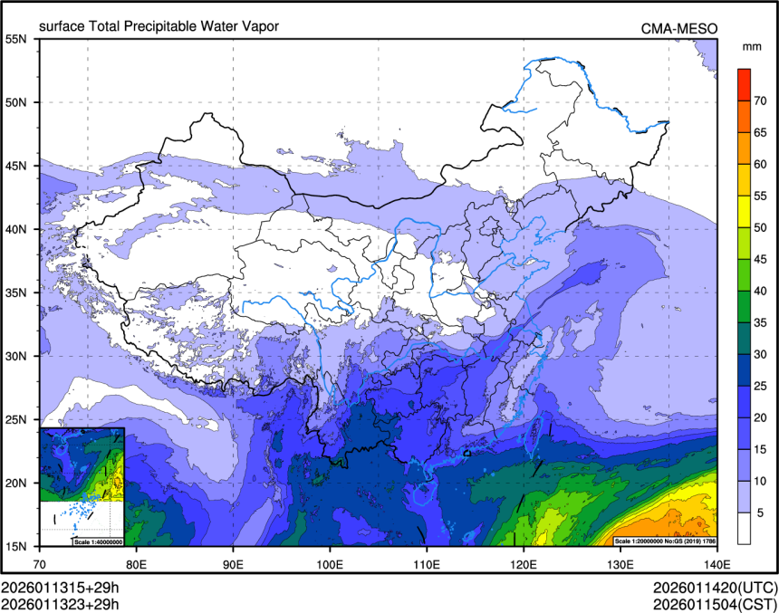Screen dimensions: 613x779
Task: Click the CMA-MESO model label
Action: [x=678, y=28]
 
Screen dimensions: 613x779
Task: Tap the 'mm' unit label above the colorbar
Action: [x=751, y=46]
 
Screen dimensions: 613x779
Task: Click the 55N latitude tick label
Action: [x=16, y=39]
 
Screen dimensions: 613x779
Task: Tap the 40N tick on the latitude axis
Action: [x=16, y=229]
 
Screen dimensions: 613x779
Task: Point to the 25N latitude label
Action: [x=16, y=419]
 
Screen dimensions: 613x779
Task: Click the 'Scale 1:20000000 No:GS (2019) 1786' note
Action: [x=665, y=541]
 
